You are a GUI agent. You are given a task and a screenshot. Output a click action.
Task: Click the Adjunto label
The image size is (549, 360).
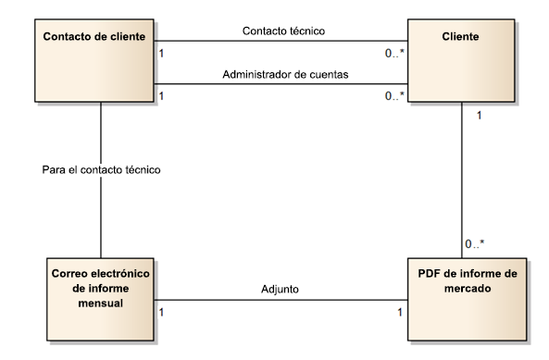coord(281,289)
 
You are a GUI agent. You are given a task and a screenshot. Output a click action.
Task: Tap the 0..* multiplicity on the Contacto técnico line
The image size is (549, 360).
coord(394,54)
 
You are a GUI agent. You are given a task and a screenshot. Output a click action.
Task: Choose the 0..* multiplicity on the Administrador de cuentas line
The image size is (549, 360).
coord(394,95)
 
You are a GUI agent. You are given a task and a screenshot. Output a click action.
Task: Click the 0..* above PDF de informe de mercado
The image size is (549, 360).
coord(475,244)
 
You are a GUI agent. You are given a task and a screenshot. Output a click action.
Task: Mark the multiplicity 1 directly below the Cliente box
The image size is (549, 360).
coord(479,116)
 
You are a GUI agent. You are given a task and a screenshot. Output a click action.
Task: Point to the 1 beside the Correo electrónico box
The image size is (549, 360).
coord(163,312)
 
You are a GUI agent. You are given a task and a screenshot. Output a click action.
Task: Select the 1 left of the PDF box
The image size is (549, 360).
coord(399,312)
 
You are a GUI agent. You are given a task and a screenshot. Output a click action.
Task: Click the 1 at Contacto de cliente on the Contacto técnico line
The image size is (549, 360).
coord(163,54)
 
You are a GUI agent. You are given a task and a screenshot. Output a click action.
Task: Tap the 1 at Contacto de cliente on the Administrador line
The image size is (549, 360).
coord(163,95)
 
